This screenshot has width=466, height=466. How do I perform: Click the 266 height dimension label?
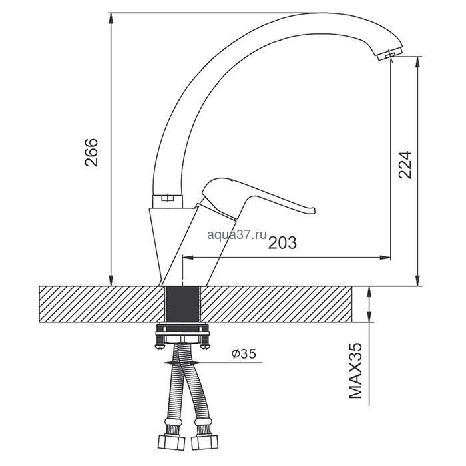91,152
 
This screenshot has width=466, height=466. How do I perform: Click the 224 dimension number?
405,164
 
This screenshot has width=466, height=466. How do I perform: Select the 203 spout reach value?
282,243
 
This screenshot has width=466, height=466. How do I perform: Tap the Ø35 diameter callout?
244,353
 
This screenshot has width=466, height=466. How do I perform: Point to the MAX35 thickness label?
355,371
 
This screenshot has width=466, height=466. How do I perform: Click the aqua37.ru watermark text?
237,234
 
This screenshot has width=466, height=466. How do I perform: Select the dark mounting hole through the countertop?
182,304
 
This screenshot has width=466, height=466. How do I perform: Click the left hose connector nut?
171,443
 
